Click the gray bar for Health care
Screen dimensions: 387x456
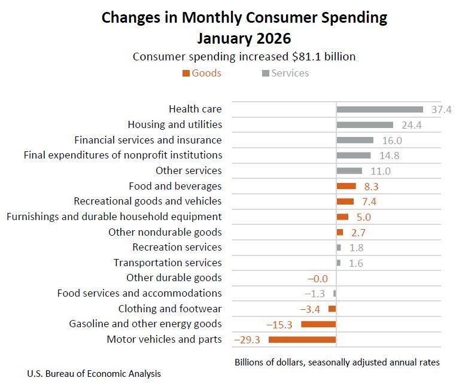pyautogui.click(x=379, y=109)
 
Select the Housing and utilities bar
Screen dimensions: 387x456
pyautogui.click(x=364, y=125)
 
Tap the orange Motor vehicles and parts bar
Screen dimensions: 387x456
pyautogui.click(x=302, y=339)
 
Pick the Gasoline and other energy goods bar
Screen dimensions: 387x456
pyautogui.click(x=318, y=324)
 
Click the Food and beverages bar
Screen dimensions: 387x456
pyautogui.click(x=346, y=186)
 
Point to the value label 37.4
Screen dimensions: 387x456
pyautogui.click(x=441, y=109)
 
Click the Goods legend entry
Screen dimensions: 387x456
pyautogui.click(x=202, y=73)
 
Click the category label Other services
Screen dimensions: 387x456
pyautogui.click(x=189, y=170)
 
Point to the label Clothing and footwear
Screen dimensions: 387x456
pyautogui.click(x=170, y=309)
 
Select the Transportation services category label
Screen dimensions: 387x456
pyautogui.click(x=168, y=263)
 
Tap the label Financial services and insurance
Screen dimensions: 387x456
pyautogui.click(x=148, y=140)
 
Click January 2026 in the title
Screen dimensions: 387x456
pyautogui.click(x=244, y=38)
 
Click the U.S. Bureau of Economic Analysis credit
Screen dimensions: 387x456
pyautogui.click(x=94, y=374)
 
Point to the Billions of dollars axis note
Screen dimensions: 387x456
pyautogui.click(x=337, y=362)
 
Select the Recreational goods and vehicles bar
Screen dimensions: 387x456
pyautogui.click(x=345, y=202)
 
